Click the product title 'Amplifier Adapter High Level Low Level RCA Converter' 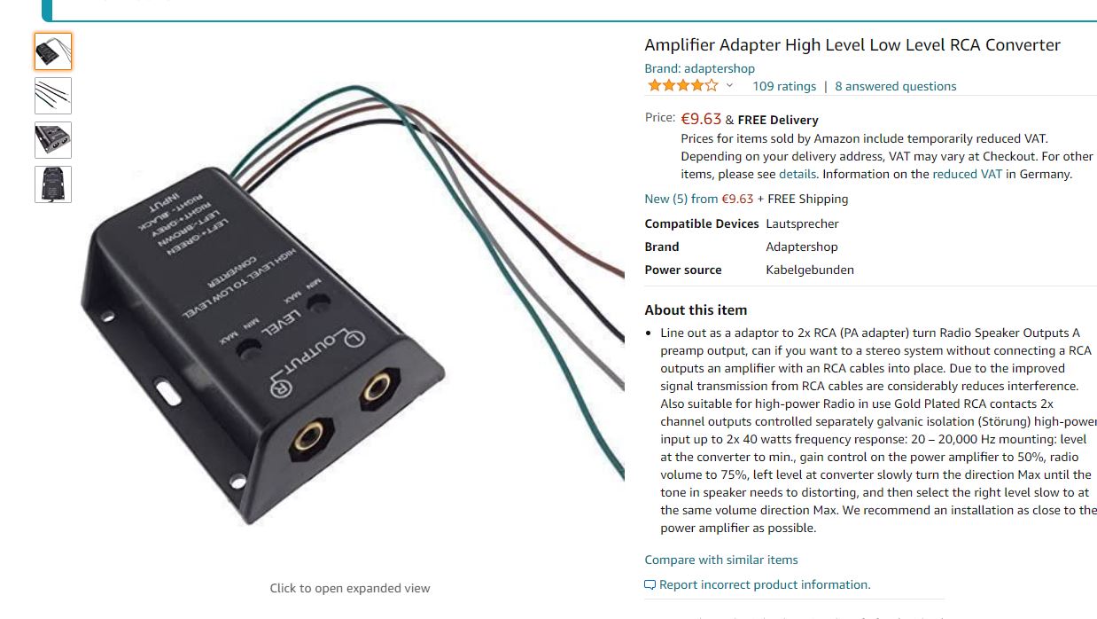pyautogui.click(x=852, y=45)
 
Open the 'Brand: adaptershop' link pyautogui.click(x=699, y=68)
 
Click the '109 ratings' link pyautogui.click(x=783, y=86)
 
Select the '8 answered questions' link pyautogui.click(x=895, y=86)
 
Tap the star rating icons pyautogui.click(x=682, y=86)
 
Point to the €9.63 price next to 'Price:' pyautogui.click(x=701, y=119)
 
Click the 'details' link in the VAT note pyautogui.click(x=797, y=174)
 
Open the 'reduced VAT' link pyautogui.click(x=967, y=174)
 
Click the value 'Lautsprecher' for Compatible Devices pyautogui.click(x=802, y=223)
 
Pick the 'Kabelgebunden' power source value pyautogui.click(x=809, y=270)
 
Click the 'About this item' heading pyautogui.click(x=696, y=309)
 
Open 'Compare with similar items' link pyautogui.click(x=720, y=560)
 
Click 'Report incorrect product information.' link pyautogui.click(x=764, y=584)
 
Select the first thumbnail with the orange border pyautogui.click(x=53, y=51)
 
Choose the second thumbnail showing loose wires pyautogui.click(x=53, y=96)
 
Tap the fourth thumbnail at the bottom pyautogui.click(x=53, y=184)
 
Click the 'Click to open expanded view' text pyautogui.click(x=350, y=588)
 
